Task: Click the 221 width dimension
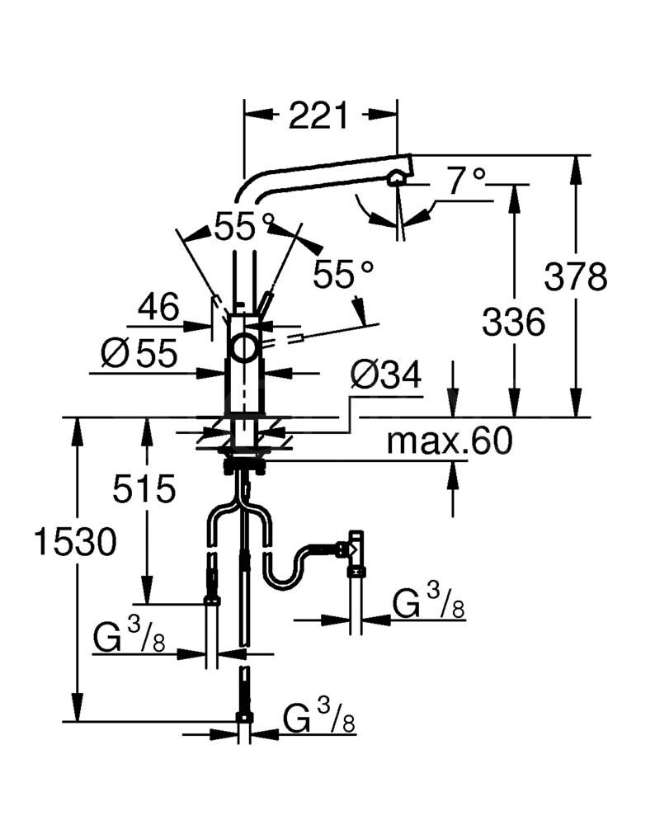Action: point(318,115)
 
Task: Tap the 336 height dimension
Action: point(513,322)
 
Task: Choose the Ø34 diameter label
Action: point(386,375)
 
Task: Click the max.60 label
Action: point(450,441)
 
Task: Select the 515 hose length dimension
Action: point(144,488)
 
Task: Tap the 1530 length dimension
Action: point(75,542)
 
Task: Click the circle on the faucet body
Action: point(243,348)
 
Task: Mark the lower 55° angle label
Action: point(343,274)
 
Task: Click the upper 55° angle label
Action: point(244,228)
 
